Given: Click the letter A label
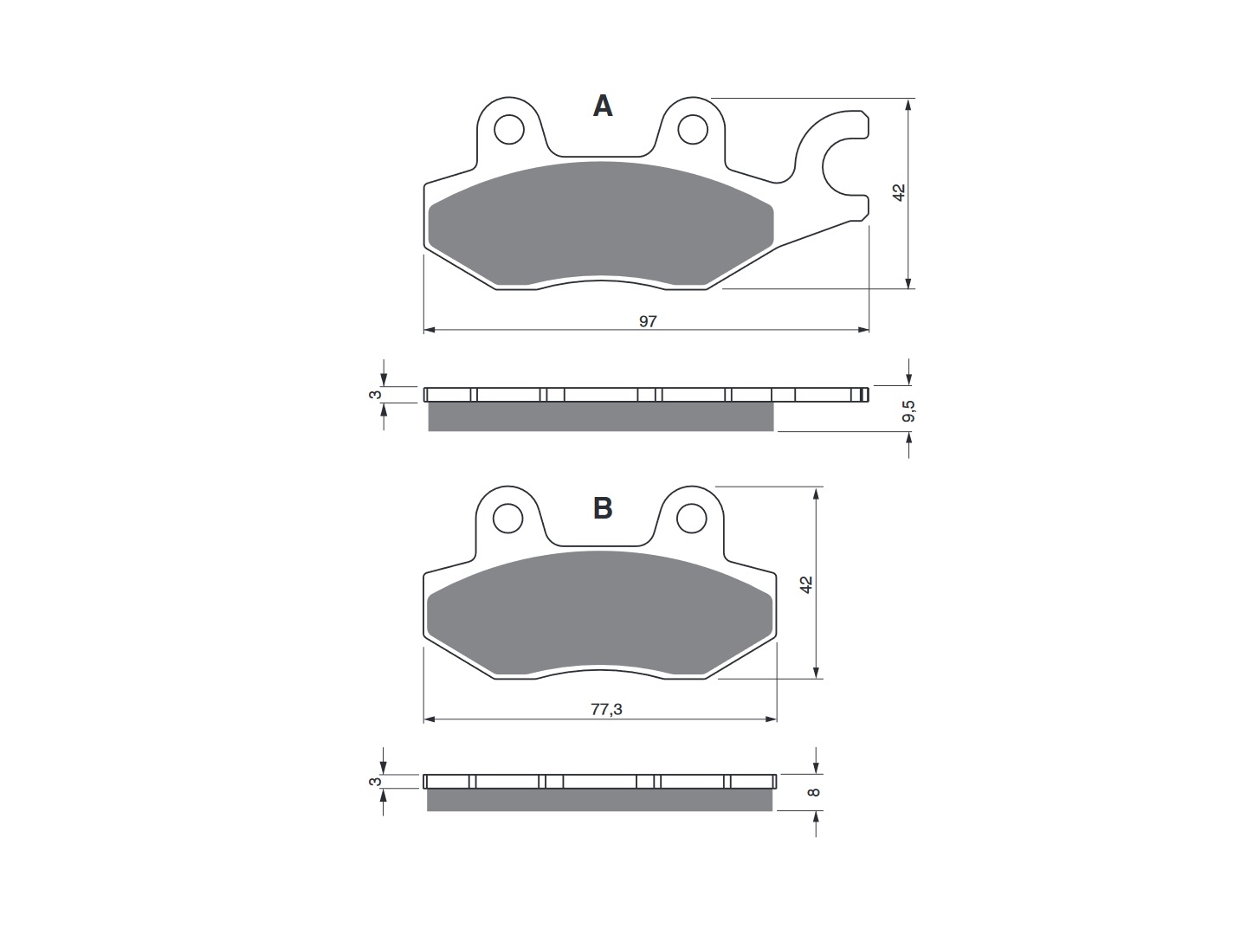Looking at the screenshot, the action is pos(602,106).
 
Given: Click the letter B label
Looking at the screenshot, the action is pos(603,508).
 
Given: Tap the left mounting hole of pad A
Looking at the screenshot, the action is pos(508,130).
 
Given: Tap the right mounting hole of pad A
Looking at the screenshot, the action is pos(693,130).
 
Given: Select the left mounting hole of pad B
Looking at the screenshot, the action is pos(507,519).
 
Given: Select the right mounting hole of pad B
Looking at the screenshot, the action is pos(691,519).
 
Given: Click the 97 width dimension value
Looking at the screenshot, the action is pos(648,321).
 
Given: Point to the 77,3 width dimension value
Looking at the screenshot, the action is pos(606,709).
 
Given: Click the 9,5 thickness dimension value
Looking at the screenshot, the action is pos(908,411).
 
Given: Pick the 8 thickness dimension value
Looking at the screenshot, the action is pos(814,792).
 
